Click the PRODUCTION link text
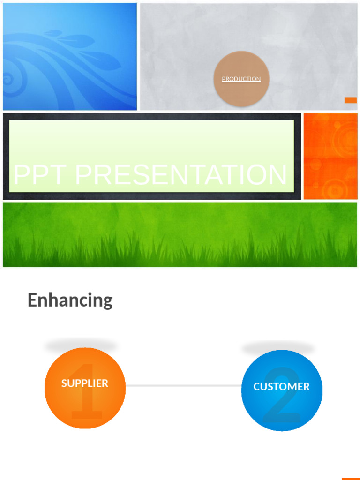tap(241, 79)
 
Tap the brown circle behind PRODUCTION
tap(241, 94)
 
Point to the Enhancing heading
tap(70, 300)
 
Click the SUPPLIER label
tap(85, 383)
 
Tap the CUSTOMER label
tap(282, 387)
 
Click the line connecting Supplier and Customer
tap(183, 386)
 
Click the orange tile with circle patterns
tap(330, 156)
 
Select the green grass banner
tap(180, 234)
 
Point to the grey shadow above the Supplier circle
tap(81, 346)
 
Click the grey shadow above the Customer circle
tap(278, 348)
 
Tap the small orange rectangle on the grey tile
tap(351, 100)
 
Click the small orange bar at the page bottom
tap(351, 479)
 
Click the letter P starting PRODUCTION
tap(224, 79)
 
